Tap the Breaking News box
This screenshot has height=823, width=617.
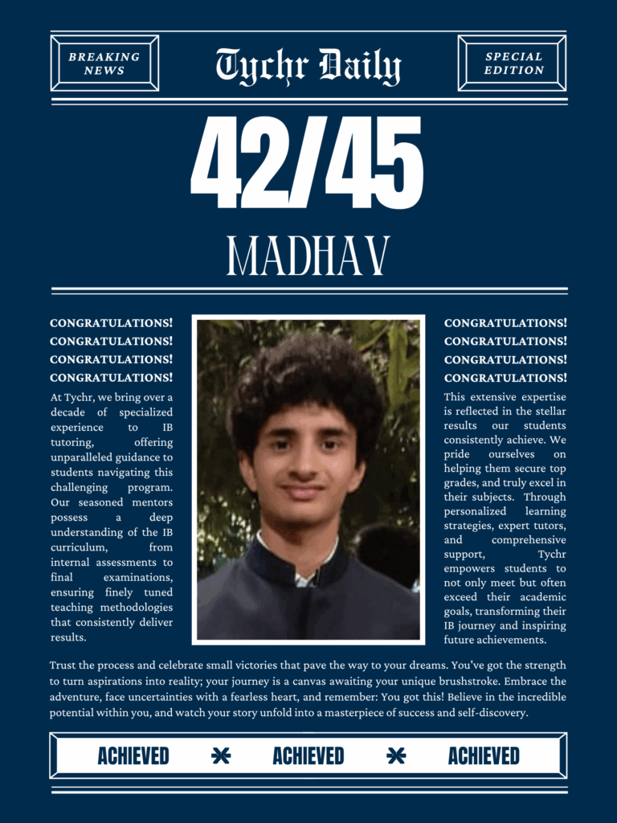[104, 63]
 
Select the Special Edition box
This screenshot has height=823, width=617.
[513, 63]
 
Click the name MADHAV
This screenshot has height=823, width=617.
[308, 256]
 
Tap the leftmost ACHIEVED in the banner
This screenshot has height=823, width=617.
[133, 756]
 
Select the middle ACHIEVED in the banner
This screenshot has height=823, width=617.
[308, 756]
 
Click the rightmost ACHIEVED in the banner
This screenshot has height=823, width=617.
[484, 756]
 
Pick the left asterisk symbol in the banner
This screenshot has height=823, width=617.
[221, 756]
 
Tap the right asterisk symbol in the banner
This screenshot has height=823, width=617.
[396, 756]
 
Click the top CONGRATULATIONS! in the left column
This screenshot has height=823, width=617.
[111, 323]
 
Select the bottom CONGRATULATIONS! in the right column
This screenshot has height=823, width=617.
[505, 378]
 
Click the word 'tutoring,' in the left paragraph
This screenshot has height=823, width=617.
[72, 443]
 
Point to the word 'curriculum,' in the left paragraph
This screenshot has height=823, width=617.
[80, 547]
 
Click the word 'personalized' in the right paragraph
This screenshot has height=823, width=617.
[475, 511]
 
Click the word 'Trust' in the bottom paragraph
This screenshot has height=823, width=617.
[64, 665]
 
